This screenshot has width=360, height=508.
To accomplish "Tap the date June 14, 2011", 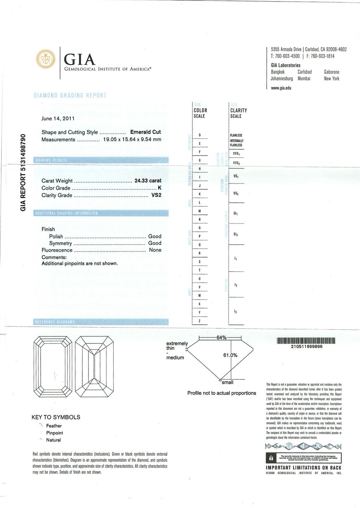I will (58, 119).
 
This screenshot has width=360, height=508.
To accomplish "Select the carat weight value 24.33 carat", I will (147, 180).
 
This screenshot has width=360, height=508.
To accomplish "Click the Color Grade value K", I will (159, 188).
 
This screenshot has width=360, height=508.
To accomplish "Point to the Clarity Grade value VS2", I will (156, 195).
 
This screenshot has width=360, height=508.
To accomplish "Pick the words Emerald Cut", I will (145, 132).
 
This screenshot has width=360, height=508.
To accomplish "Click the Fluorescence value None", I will (155, 250).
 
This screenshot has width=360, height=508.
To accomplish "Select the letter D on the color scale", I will (199, 135).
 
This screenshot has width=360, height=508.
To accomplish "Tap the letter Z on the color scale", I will (199, 321).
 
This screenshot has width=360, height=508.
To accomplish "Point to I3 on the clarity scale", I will (235, 312).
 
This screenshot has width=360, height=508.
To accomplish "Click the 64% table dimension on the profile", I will (221, 338).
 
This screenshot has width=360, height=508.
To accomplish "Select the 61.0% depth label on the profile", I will (230, 355).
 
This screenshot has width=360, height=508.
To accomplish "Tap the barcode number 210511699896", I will (306, 347).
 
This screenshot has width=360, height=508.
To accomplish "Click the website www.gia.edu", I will (281, 88).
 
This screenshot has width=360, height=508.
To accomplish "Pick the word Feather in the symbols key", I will (54, 426).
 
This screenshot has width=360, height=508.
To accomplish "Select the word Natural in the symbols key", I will (54, 440).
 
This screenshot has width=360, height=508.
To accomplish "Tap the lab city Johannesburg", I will (282, 78).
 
